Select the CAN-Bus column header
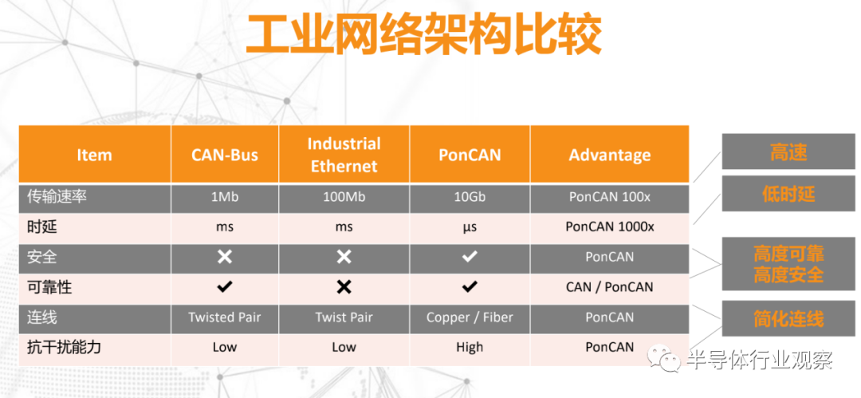[x=225, y=155]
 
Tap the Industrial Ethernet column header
[x=344, y=155]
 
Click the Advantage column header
[x=610, y=155]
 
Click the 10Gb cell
[x=470, y=197]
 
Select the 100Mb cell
[x=344, y=197]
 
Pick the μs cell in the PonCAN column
[x=470, y=227]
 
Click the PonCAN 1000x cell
[x=610, y=227]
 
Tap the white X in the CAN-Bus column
[x=225, y=256]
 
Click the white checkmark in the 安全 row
[x=470, y=256]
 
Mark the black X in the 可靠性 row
[x=344, y=286]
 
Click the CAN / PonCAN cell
[x=610, y=286]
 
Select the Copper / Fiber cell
[x=470, y=317]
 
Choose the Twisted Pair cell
[x=225, y=317]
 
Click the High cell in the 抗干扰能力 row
[x=470, y=347]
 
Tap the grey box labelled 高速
[x=788, y=153]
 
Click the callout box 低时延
[x=788, y=194]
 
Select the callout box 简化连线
[x=788, y=319]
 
